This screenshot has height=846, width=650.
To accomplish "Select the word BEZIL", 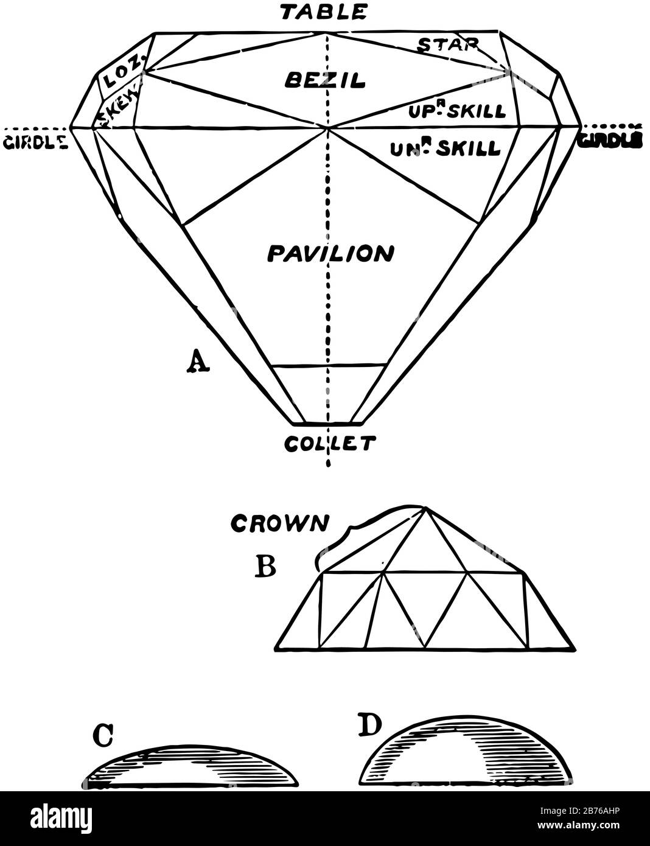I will [326, 79].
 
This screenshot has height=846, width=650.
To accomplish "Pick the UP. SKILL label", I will [463, 111].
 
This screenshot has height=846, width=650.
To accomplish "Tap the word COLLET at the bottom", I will [329, 444].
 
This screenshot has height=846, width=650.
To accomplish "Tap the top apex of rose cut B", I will [424, 506].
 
